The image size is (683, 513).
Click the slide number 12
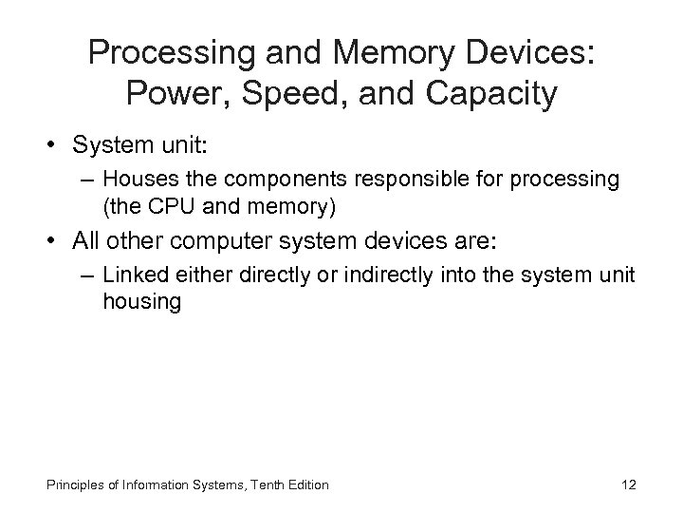[x=628, y=485]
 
